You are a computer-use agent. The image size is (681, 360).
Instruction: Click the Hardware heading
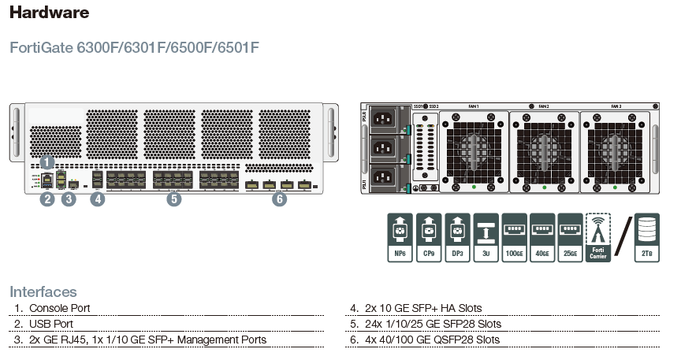49,13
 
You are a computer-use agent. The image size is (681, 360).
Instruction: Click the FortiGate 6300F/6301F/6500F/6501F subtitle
134,48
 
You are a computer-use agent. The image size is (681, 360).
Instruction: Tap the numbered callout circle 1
47,161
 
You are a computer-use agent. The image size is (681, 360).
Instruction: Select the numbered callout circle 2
47,199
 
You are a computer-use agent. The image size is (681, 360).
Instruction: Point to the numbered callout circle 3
69,199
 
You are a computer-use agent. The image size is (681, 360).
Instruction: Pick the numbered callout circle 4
97,199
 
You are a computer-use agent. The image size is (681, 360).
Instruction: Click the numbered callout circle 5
173,199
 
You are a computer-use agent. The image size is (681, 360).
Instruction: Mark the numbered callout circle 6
279,199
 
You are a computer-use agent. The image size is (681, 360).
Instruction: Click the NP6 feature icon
400,236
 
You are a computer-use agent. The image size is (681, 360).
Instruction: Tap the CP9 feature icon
427,236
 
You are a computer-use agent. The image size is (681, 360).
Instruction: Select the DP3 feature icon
457,236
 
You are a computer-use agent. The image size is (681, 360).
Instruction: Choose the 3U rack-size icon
486,236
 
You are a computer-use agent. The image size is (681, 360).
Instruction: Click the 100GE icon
514,236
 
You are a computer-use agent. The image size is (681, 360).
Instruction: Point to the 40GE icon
542,236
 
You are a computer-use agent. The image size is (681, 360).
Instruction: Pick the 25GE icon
570,236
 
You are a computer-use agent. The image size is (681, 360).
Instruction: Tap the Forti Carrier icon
598,236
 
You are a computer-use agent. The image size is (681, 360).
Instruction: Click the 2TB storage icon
647,236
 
